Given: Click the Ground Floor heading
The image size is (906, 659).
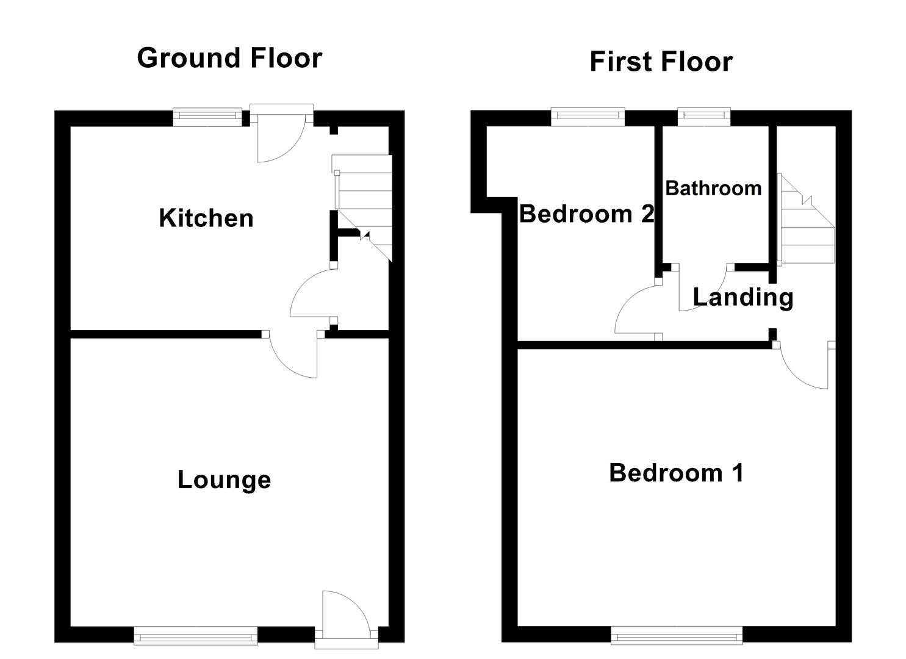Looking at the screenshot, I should click(x=229, y=59).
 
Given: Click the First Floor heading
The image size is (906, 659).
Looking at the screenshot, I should click(x=661, y=62).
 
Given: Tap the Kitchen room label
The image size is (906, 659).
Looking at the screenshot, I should click(x=206, y=218).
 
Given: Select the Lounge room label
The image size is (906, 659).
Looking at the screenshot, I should click(x=224, y=480).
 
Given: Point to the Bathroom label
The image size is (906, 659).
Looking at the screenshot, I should click(x=713, y=188).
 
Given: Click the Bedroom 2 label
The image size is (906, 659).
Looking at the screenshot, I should click(x=587, y=214).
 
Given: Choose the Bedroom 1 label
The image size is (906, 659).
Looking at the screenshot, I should click(x=676, y=473).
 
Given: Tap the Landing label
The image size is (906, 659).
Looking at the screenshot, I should click(x=743, y=297).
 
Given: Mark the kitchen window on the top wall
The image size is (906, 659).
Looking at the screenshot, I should click(x=207, y=117).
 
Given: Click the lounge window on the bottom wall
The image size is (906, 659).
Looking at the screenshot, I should click(x=195, y=637).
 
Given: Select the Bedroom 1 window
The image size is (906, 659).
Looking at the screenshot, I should click(x=677, y=637).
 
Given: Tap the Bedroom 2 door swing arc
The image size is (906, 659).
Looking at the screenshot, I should click(x=635, y=308).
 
